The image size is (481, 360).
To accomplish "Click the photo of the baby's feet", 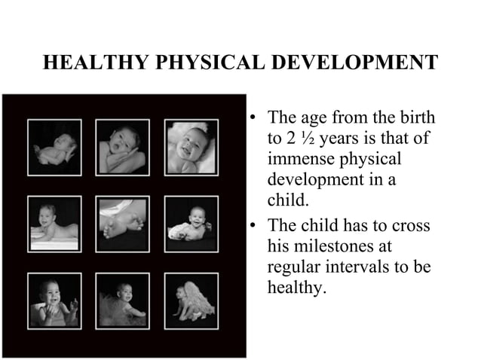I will [123, 222].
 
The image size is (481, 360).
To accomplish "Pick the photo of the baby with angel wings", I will [191, 300].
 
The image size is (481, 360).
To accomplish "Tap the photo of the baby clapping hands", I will [54, 300].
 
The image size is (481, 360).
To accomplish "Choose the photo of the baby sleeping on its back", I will [54, 146].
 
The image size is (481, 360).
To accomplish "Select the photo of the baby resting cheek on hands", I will [123, 146].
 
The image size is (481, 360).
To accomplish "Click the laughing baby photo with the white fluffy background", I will [191, 146].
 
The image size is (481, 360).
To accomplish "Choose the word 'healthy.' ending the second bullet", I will [296, 288].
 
